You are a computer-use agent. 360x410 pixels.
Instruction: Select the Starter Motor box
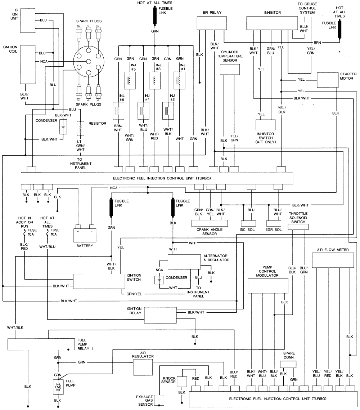pyautogui.click(x=328, y=80)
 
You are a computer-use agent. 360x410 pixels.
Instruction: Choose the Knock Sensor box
pyautogui.click(x=182, y=382)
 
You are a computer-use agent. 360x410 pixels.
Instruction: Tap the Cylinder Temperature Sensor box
pyautogui.click(x=229, y=70)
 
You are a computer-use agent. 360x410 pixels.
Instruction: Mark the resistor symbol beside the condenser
pyautogui.click(x=81, y=128)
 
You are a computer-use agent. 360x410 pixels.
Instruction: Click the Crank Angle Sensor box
pyautogui.click(x=209, y=223)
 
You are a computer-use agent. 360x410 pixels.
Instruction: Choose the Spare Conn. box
pyautogui.click(x=288, y=365)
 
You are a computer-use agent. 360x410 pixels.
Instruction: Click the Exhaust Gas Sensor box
pyautogui.click(x=159, y=400)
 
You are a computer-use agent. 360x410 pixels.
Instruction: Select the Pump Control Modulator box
pyautogui.click(x=268, y=286)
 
